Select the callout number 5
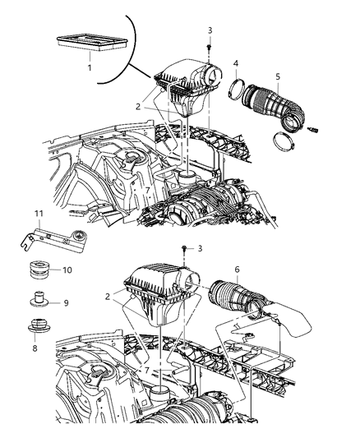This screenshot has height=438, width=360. (278, 76)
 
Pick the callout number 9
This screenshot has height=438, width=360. (67, 302)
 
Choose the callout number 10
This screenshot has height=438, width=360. (68, 270)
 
